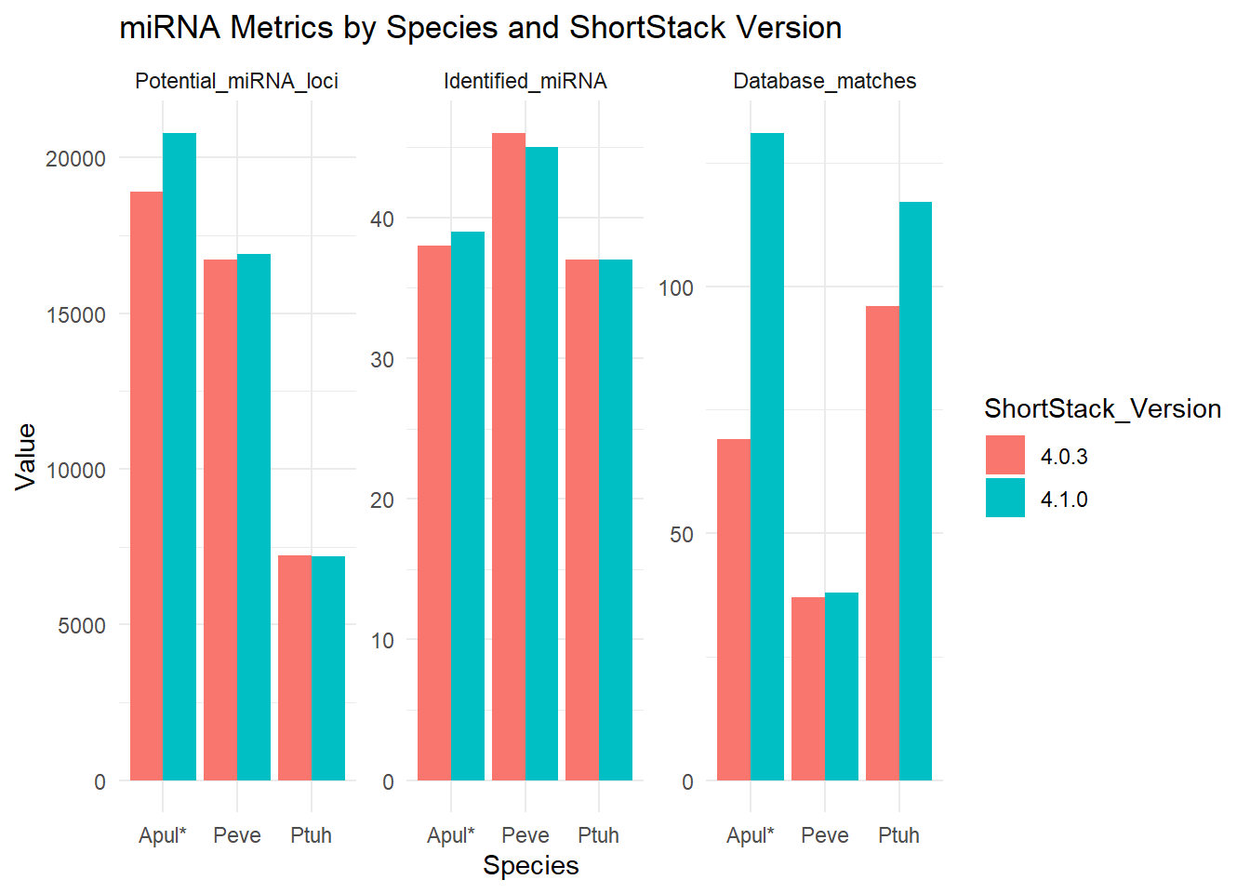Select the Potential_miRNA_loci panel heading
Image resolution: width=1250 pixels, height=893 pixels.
236,82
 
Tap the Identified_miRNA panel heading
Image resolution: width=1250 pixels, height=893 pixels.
525,82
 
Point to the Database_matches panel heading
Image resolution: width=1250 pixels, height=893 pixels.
824,82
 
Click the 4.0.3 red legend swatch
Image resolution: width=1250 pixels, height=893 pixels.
1004,456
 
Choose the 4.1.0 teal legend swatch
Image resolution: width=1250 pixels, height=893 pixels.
1004,499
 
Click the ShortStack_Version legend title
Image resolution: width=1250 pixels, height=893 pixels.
1102,409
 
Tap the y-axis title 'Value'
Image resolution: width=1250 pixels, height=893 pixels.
26,456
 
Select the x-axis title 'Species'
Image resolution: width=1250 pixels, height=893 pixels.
530,866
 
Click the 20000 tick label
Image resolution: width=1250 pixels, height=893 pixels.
76,159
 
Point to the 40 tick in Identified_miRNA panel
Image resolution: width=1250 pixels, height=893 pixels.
382,220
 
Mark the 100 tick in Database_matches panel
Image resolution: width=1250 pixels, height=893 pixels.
676,288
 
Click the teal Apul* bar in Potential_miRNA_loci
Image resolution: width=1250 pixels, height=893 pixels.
180,456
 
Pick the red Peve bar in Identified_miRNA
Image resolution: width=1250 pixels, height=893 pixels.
509,456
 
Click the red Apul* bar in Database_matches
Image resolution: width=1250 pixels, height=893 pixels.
734,609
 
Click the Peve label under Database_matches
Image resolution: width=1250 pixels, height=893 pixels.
824,835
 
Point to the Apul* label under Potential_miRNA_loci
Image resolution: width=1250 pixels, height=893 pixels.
163,835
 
